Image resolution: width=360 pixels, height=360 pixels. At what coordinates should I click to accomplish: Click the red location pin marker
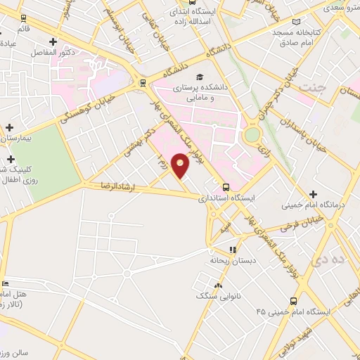pos(181,166)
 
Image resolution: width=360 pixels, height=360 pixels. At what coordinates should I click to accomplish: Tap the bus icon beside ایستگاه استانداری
pos(226,187)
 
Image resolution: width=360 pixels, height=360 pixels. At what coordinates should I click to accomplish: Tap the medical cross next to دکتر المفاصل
pos(53,42)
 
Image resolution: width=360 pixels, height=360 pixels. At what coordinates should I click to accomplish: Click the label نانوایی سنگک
pos(218,297)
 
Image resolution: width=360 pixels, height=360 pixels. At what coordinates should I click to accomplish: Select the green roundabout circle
pos(251,134)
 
